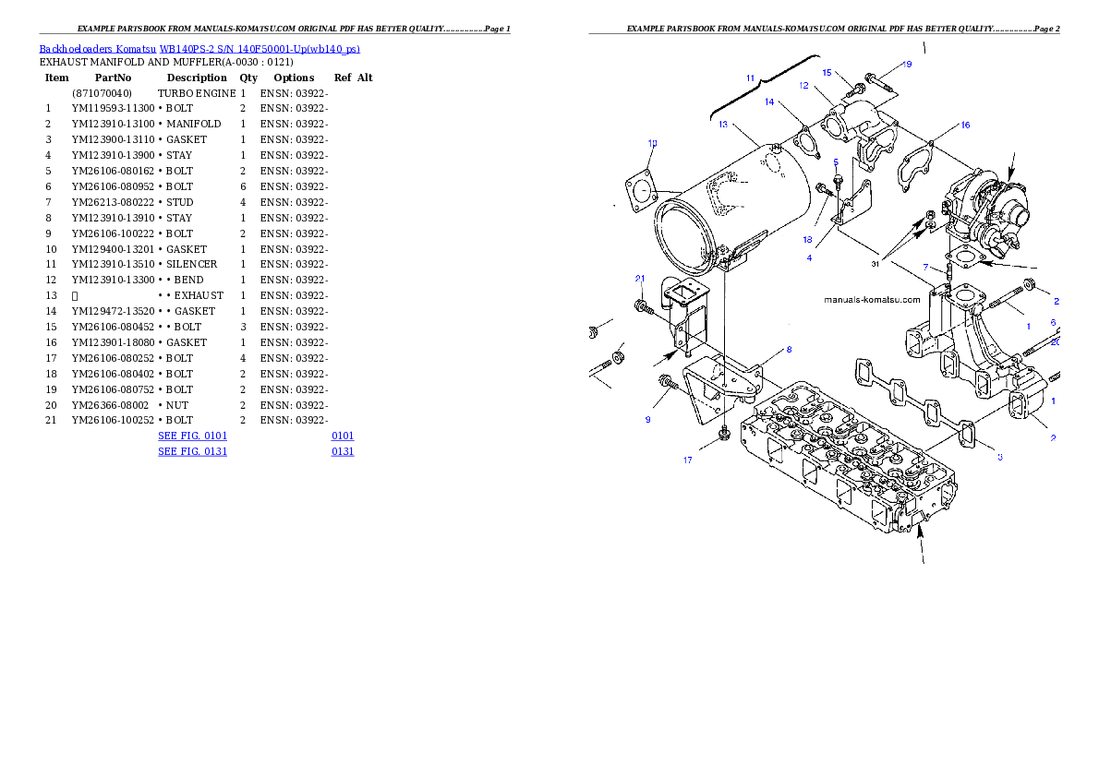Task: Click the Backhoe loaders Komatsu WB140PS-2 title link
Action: coord(199,49)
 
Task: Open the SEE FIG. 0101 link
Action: coord(192,435)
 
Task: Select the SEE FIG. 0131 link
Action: coord(192,451)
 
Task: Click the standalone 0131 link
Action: coord(343,451)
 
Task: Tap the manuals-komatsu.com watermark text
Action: coord(872,300)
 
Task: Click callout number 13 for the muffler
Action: coord(723,124)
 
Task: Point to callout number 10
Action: coord(652,143)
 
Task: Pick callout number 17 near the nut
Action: coord(688,460)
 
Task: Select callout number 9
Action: coord(647,420)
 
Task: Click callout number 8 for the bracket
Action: coord(789,350)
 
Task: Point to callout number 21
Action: coord(639,278)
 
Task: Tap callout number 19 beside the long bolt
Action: coord(908,65)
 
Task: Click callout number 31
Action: coord(875,264)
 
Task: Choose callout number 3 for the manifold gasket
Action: coord(999,457)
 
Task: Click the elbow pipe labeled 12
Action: coord(854,125)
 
